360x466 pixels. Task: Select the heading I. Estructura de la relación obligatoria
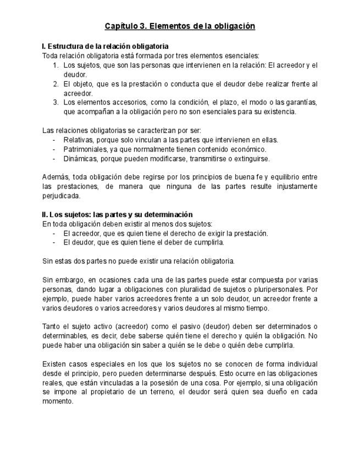click(105, 46)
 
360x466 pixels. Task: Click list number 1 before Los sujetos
click(56, 65)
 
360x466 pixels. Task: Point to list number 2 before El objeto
click(56, 84)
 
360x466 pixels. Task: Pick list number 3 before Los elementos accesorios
click(56, 102)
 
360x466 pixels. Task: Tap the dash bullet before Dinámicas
click(54, 158)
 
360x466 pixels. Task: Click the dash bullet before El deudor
click(54, 242)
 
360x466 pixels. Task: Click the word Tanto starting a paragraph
click(52, 326)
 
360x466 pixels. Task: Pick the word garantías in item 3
click(301, 102)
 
